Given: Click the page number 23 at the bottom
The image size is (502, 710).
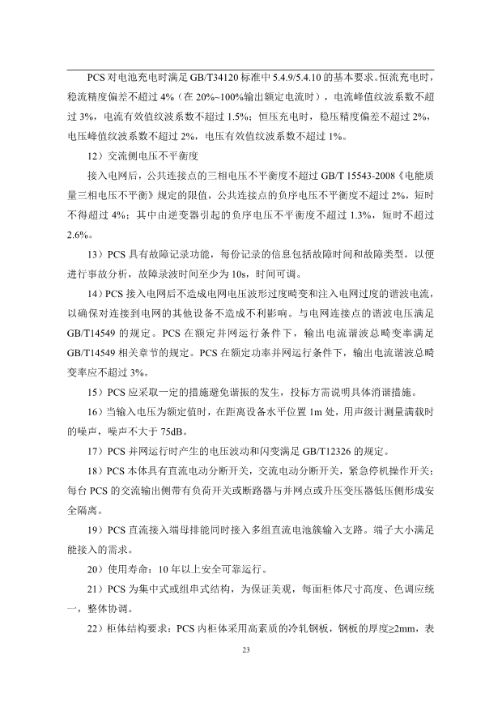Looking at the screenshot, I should click(251, 649).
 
